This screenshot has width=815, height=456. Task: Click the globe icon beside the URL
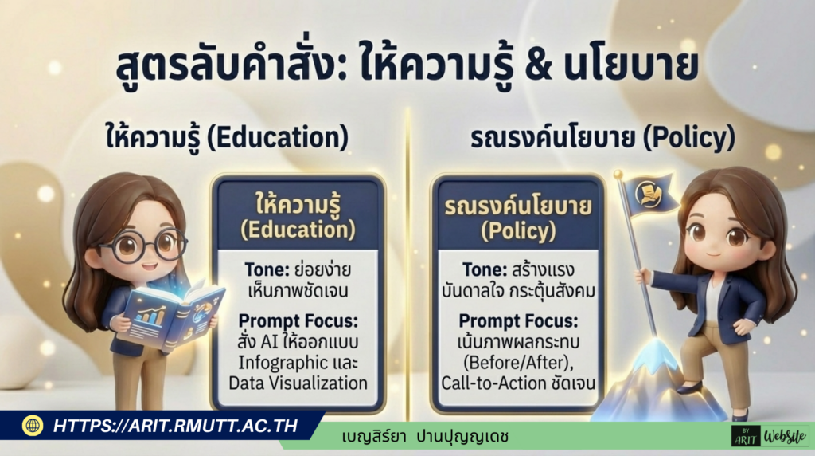point(33,426)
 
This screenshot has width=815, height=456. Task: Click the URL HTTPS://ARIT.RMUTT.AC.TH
point(175,426)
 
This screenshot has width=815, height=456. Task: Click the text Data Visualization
point(298,383)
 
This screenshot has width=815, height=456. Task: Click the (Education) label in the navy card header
point(298,231)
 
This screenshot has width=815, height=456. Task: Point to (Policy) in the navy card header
point(517,231)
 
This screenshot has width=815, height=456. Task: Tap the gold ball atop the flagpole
point(616,173)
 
